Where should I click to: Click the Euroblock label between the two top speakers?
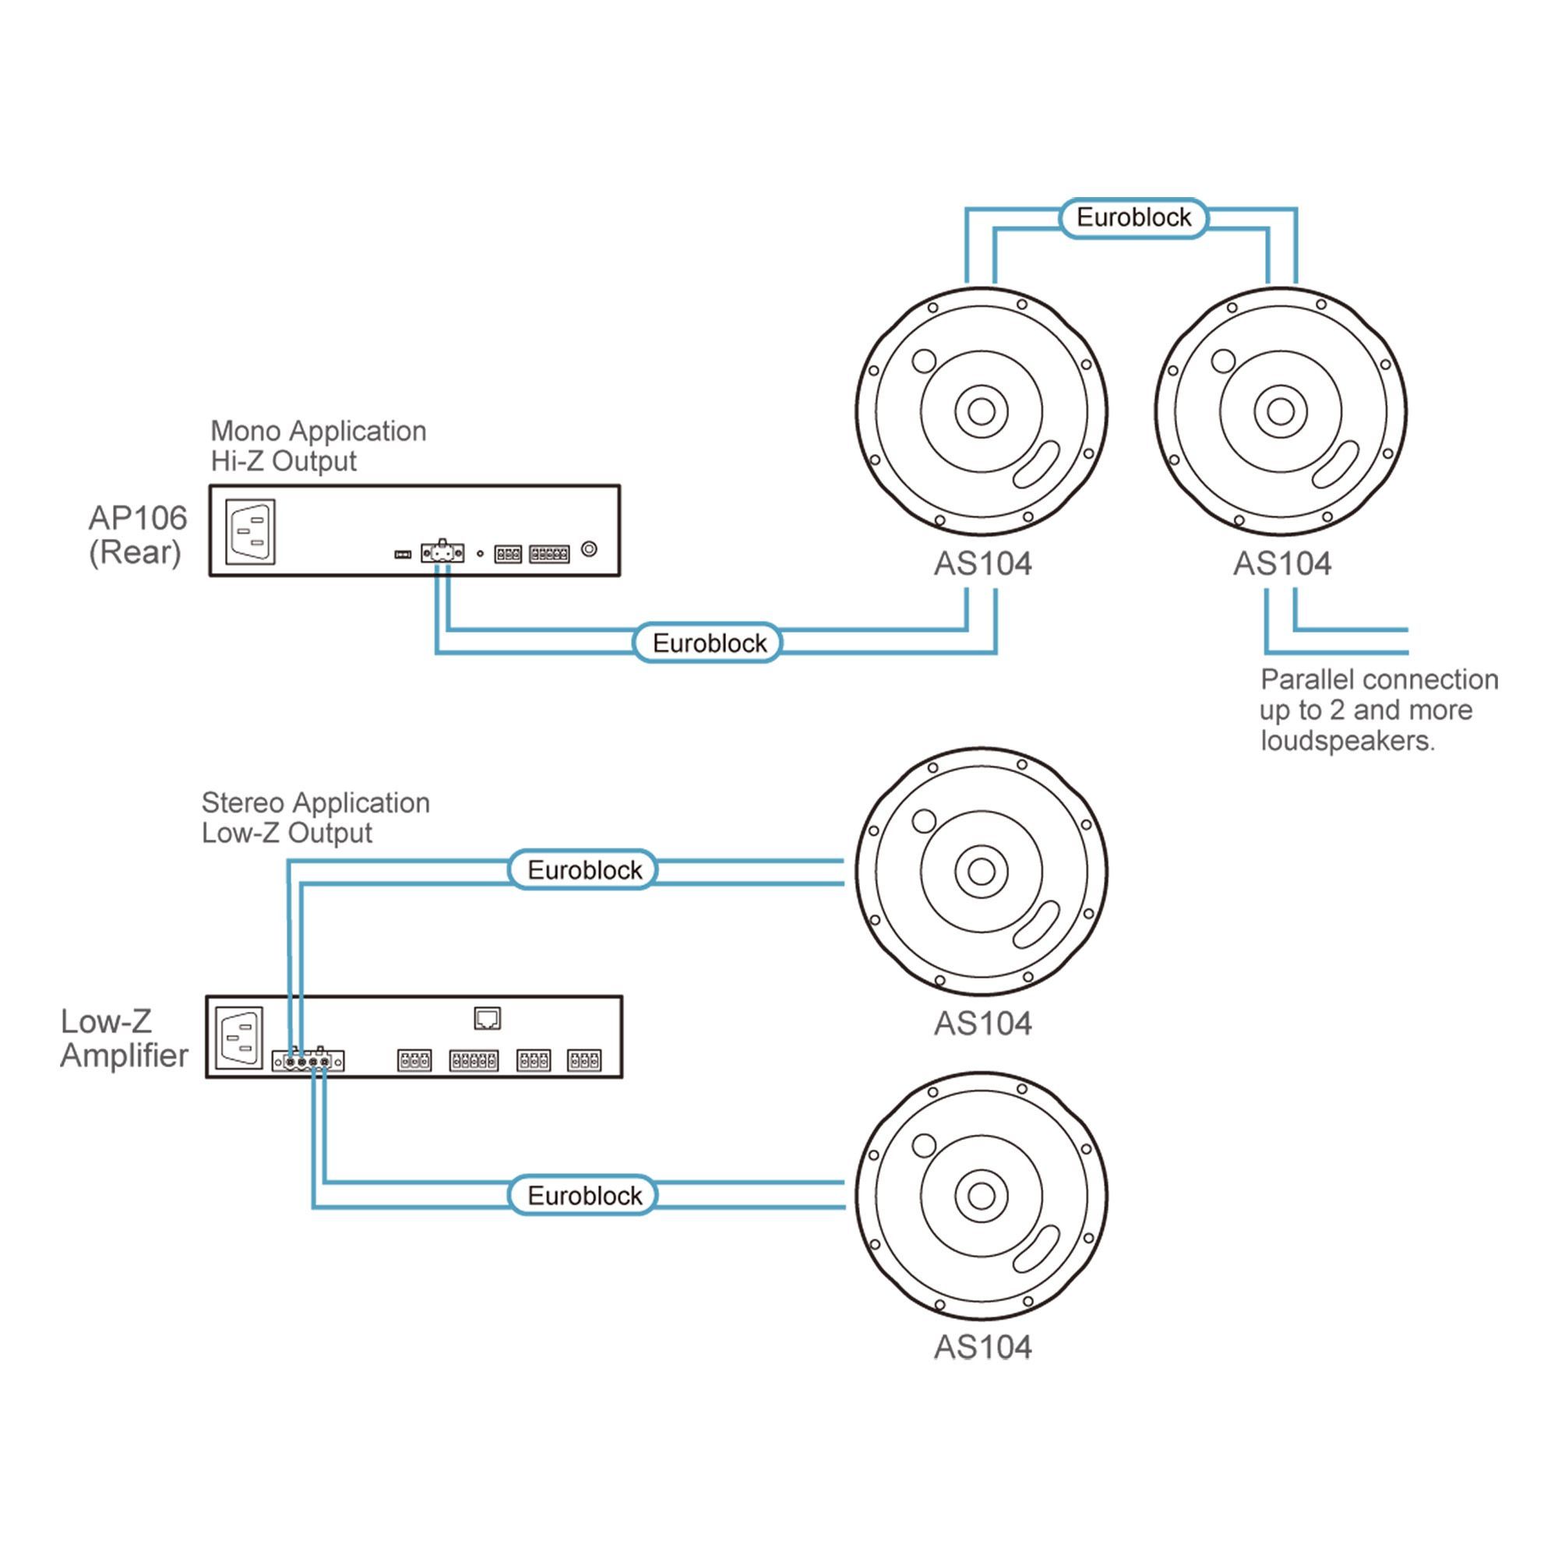(x=1133, y=218)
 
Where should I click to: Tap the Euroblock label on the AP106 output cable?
(x=709, y=643)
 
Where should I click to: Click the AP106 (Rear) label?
(x=137, y=534)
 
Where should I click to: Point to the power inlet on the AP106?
(x=250, y=531)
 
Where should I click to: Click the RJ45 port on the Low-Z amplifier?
(x=487, y=1018)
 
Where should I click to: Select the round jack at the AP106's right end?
(x=590, y=549)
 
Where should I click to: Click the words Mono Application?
(x=318, y=432)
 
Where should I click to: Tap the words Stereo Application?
(x=315, y=803)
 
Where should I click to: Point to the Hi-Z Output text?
(x=283, y=461)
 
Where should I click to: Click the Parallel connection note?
(x=1378, y=710)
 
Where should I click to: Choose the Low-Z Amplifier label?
(x=123, y=1038)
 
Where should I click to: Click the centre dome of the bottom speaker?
(x=982, y=1195)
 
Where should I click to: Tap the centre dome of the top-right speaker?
(x=1281, y=411)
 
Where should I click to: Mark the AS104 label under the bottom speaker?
(x=982, y=1348)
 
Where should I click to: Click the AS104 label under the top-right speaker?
(x=1281, y=564)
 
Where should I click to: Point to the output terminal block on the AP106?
(x=442, y=552)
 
